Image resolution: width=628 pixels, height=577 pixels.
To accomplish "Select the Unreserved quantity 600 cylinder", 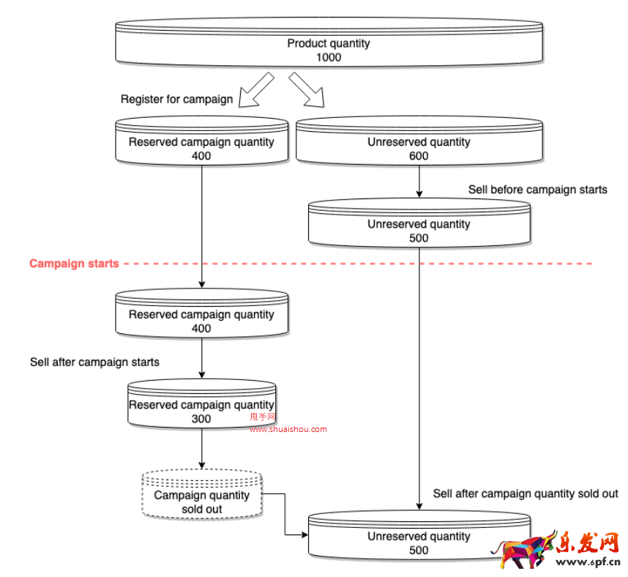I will [x=419, y=142].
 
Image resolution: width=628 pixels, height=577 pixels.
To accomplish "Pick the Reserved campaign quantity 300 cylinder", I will [x=201, y=405].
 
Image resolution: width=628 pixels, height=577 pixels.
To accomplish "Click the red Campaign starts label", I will [x=74, y=264].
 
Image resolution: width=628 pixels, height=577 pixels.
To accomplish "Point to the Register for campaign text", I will [x=177, y=99].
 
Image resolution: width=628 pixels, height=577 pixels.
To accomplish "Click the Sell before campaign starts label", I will [x=537, y=190].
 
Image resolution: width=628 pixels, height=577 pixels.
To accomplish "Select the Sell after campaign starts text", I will [x=94, y=362].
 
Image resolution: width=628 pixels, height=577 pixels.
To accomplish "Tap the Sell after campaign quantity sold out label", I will [x=526, y=494].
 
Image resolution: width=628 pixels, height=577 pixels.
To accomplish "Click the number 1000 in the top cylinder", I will [x=329, y=58].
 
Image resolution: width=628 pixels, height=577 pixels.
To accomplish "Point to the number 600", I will [x=419, y=156].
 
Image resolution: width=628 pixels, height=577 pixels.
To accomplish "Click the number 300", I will [x=201, y=419].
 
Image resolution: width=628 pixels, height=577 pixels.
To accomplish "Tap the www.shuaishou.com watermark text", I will [x=288, y=430].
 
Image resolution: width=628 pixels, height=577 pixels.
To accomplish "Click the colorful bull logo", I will [x=524, y=550].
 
